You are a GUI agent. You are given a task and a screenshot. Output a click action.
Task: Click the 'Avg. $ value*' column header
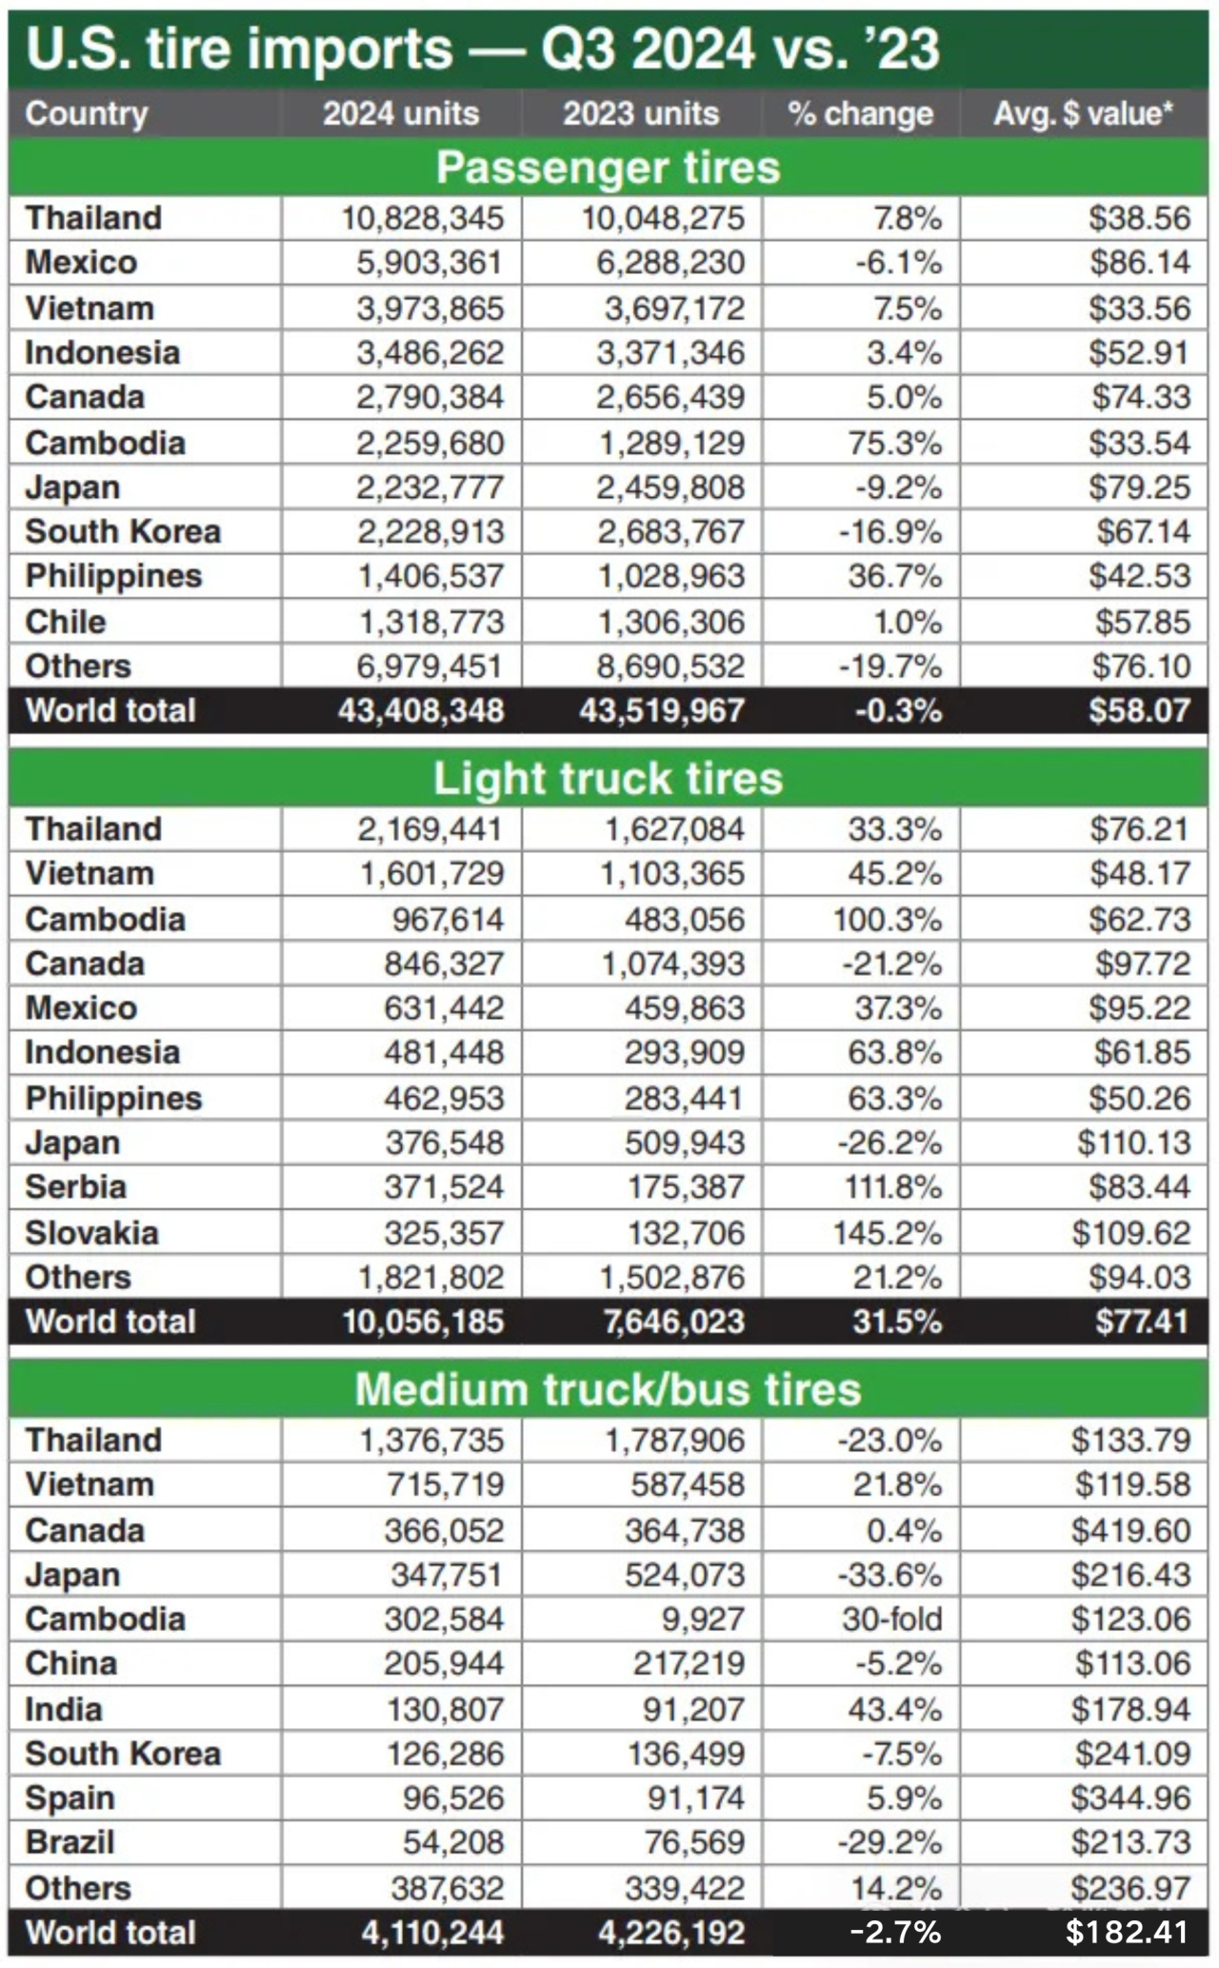1084,114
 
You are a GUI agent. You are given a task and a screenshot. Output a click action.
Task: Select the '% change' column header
860,114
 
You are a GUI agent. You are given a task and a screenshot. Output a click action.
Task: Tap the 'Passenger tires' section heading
609,168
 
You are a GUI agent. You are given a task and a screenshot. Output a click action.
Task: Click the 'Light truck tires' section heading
609,779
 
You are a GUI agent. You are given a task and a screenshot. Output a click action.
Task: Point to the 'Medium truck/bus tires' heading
609,1389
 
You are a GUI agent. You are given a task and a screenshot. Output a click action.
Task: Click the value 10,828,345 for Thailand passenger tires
422,218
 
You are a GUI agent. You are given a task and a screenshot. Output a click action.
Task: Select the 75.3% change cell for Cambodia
894,444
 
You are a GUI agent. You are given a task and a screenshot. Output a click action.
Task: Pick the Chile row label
66,622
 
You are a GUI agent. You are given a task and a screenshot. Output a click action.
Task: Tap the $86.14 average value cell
1140,263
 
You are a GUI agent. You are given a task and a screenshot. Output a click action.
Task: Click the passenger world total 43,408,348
421,711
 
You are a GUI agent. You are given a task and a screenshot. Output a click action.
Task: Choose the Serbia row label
75,1187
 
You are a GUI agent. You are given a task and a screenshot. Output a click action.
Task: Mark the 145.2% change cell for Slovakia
888,1233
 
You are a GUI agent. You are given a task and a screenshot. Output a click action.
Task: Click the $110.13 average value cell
1133,1143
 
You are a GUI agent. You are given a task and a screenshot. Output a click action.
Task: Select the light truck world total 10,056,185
423,1322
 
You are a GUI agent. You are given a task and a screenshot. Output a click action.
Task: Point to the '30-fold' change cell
891,1620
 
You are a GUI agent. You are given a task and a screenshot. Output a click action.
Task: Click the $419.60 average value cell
1130,1531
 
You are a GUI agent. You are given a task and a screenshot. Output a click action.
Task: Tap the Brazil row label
70,1842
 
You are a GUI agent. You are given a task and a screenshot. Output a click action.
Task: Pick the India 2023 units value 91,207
692,1710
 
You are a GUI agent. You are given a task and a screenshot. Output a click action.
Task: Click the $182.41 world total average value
1128,1933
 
